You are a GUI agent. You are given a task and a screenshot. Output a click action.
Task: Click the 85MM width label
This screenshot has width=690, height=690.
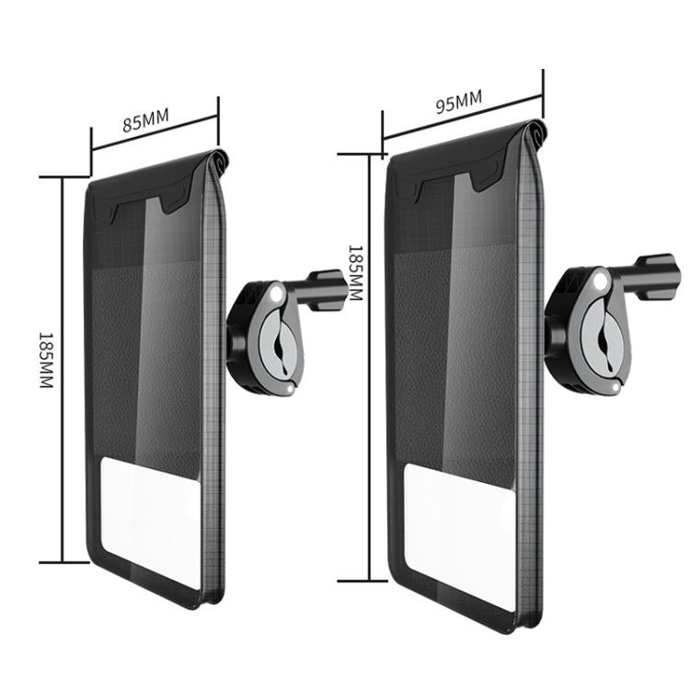(144, 120)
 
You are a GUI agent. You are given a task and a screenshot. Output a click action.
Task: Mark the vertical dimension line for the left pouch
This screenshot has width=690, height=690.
(63, 368)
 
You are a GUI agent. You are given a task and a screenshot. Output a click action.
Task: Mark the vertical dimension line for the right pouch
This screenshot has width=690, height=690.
(370, 368)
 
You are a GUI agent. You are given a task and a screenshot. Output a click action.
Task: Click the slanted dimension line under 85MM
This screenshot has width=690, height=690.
(155, 137)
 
